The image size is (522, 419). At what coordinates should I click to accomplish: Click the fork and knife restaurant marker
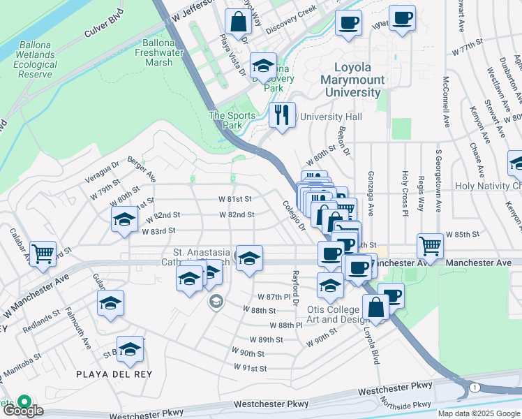(282, 114)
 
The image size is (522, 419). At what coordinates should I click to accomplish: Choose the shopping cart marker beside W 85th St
(430, 245)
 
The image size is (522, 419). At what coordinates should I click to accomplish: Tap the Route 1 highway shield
(474, 386)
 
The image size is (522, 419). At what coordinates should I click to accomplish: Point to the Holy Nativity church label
(488, 186)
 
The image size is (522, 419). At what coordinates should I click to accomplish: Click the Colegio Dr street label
(294, 216)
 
